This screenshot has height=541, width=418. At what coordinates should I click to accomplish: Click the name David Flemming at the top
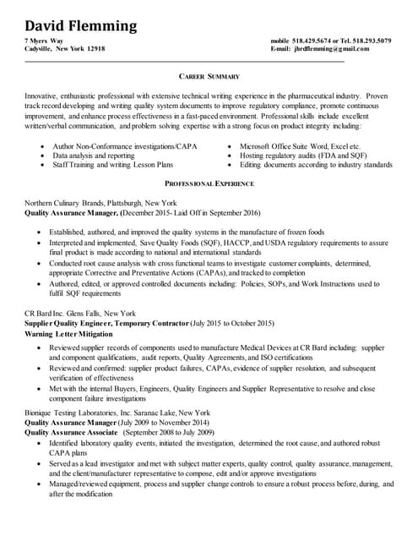(79, 25)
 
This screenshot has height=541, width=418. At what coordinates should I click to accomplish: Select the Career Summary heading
(209, 77)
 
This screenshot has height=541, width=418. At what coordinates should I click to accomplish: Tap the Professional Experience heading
(209, 183)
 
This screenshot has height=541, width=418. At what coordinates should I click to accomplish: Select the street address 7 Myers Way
(43, 41)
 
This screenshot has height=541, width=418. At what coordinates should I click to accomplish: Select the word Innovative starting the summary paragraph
(44, 96)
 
